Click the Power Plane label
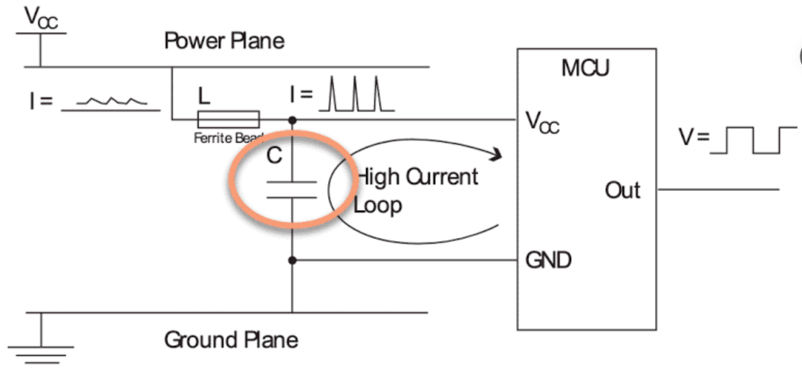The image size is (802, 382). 224,40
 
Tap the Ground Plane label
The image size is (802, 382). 231,340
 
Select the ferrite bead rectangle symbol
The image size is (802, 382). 229,120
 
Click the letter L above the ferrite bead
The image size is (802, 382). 204,96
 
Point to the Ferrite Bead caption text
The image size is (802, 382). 229,137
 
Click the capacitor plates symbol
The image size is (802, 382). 292,190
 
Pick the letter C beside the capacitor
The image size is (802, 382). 275,155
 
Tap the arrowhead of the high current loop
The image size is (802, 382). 495,154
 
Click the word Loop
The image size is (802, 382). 378,205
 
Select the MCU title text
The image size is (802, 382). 586,68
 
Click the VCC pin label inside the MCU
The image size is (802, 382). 543,122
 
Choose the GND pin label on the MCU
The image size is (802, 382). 548,260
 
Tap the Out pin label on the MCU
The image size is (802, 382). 622,190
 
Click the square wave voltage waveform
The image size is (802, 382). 754,140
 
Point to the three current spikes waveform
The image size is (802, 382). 356,94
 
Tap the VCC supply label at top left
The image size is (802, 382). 42,19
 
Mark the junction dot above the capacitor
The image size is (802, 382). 292,120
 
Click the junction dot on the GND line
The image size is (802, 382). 292,260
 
